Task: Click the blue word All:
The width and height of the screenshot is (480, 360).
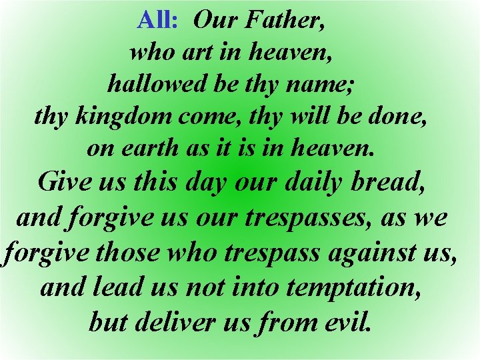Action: tap(157, 21)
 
